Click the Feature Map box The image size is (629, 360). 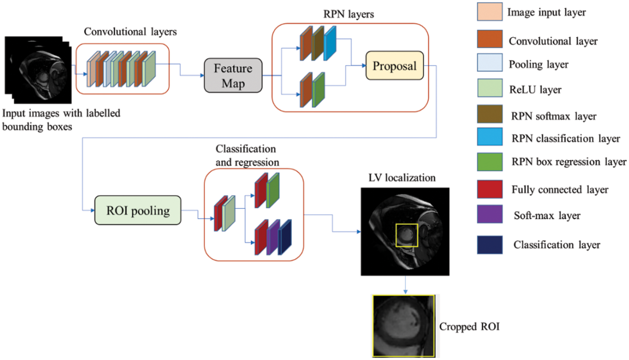233,76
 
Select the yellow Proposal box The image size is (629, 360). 395,66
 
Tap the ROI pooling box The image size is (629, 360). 138,210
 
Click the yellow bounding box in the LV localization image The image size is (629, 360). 407,235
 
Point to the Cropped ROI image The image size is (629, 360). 404,326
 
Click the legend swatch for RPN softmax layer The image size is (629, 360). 490,114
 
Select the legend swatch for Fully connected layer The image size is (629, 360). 490,189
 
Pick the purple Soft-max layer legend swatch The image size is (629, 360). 490,214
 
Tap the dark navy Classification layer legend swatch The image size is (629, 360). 490,245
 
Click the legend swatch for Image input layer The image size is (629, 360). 490,12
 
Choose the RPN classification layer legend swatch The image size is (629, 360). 490,137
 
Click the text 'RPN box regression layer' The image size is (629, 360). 569,162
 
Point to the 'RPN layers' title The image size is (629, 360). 348,14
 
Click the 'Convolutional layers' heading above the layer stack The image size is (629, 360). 130,32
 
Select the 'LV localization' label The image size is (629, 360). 402,178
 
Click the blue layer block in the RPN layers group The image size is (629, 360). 330,43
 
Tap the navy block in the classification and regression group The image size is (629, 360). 285,237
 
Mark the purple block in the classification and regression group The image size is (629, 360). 273,237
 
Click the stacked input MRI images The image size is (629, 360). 38,70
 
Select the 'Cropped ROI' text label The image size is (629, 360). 469,326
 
